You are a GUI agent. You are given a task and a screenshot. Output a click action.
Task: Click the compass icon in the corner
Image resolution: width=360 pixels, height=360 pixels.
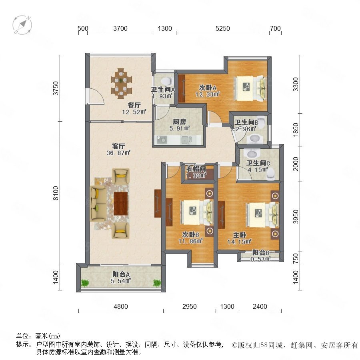coord(22,25)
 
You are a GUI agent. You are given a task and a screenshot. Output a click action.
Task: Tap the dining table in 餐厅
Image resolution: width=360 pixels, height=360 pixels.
coord(122,83)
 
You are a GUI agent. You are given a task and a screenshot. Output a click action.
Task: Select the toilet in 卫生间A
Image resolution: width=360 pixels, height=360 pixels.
coord(166,81)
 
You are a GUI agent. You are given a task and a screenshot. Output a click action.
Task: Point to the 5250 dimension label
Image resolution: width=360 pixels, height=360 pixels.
coord(223,28)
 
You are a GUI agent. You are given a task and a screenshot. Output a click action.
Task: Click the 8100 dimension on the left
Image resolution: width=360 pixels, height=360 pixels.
coord(56,193)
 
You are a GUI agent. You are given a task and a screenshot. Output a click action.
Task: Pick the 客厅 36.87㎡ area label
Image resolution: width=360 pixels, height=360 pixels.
coord(118,150)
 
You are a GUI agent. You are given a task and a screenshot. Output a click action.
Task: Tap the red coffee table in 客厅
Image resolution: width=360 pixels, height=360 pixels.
coord(121,204)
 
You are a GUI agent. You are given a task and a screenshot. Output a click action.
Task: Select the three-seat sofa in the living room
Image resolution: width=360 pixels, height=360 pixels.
coord(98,204)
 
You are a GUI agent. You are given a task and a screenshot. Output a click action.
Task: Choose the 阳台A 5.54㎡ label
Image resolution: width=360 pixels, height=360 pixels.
coord(121,277)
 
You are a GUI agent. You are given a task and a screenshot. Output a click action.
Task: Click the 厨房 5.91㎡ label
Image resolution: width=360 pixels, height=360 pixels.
coord(180,125)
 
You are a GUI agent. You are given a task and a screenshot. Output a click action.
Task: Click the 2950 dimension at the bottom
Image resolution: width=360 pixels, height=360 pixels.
coord(190,306)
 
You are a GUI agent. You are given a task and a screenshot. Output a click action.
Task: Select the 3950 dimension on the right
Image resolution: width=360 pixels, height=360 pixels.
coord(296,216)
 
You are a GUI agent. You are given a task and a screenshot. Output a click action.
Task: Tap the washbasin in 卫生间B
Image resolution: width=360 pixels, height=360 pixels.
coord(254,139)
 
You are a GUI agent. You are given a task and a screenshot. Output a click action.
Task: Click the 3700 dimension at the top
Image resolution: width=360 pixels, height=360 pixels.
coord(120,28)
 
